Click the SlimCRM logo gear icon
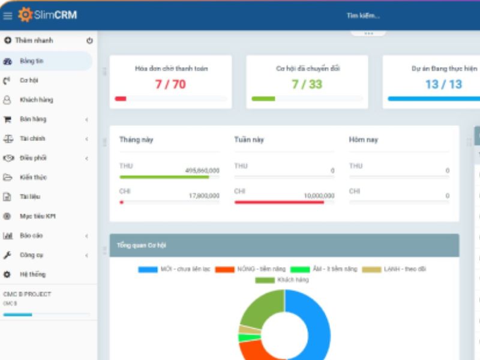click(x=25, y=15)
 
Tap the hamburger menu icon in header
click(x=8, y=16)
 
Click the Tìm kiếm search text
click(x=362, y=16)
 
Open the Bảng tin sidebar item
click(x=31, y=61)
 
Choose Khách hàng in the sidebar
click(x=36, y=100)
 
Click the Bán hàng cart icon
click(x=8, y=119)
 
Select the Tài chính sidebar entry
click(x=32, y=139)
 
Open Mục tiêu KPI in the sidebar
click(x=37, y=216)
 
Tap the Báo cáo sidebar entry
click(x=31, y=236)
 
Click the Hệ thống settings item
click(x=32, y=274)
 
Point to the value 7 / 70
click(x=170, y=85)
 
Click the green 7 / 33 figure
click(x=307, y=85)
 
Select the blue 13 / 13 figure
click(x=443, y=85)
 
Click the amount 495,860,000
click(x=202, y=171)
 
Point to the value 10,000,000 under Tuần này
click(x=319, y=196)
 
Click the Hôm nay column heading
click(x=363, y=140)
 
